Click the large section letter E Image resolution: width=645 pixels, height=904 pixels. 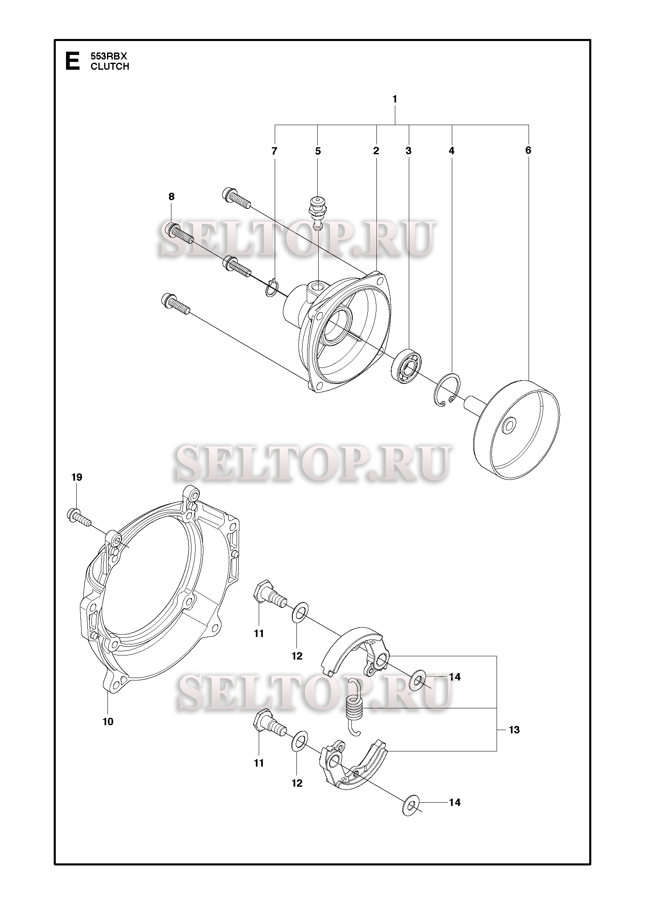tap(73, 61)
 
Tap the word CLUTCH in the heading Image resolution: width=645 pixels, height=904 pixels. tap(110, 66)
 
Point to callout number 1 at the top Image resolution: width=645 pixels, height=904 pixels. tap(394, 99)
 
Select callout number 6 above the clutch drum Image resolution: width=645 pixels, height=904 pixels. tap(528, 151)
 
